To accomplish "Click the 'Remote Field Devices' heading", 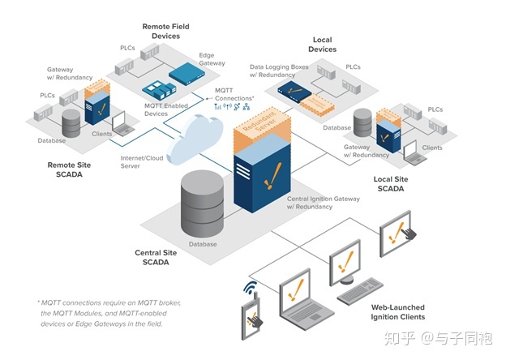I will click(x=165, y=31).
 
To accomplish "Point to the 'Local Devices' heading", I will click(x=322, y=44).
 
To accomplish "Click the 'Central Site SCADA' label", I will click(x=156, y=257).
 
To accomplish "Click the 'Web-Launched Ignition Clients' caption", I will click(x=397, y=312).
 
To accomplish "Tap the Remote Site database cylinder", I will click(x=71, y=124).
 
